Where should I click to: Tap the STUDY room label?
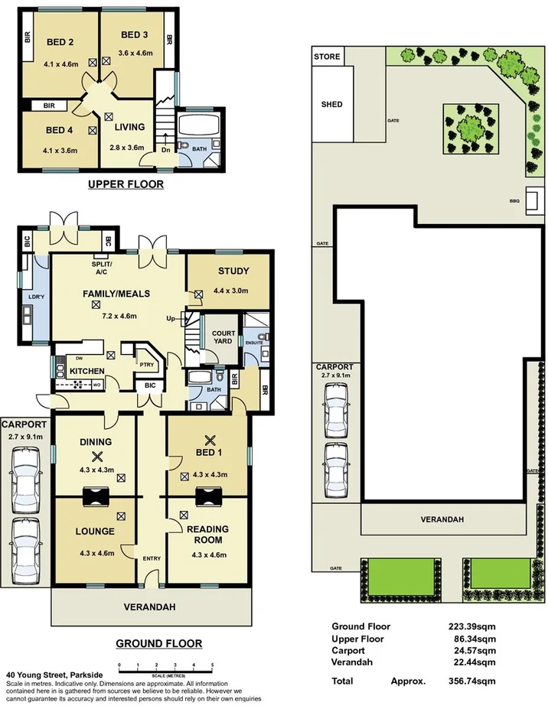click(233, 271)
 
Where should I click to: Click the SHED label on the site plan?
click(331, 104)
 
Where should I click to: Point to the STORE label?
click(327, 57)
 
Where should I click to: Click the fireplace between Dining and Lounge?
click(96, 497)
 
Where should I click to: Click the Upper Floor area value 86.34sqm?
click(475, 638)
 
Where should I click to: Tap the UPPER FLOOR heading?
click(126, 184)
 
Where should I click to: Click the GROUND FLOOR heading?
click(158, 643)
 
